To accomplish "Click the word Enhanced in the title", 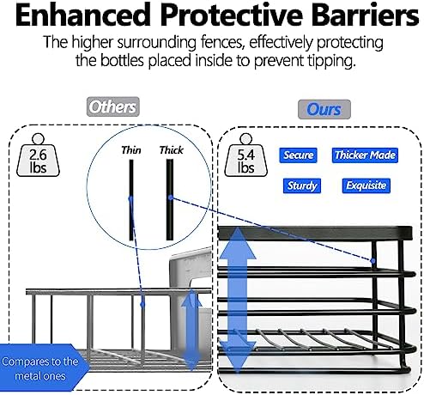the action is [82, 15].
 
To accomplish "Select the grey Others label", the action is [113, 106].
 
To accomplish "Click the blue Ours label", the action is [324, 109].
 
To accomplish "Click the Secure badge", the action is [298, 155].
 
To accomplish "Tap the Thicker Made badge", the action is [365, 155].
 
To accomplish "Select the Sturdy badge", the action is [302, 185].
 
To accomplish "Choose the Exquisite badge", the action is [366, 185].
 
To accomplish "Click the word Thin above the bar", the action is [131, 150].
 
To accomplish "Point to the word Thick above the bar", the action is [172, 150].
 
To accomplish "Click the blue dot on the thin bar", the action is [130, 198].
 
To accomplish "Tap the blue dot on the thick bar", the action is [171, 197].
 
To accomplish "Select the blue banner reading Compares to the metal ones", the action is [43, 368].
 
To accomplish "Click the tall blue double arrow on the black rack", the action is [237, 301].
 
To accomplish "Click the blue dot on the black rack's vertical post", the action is [373, 261].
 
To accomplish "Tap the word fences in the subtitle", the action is [222, 42].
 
